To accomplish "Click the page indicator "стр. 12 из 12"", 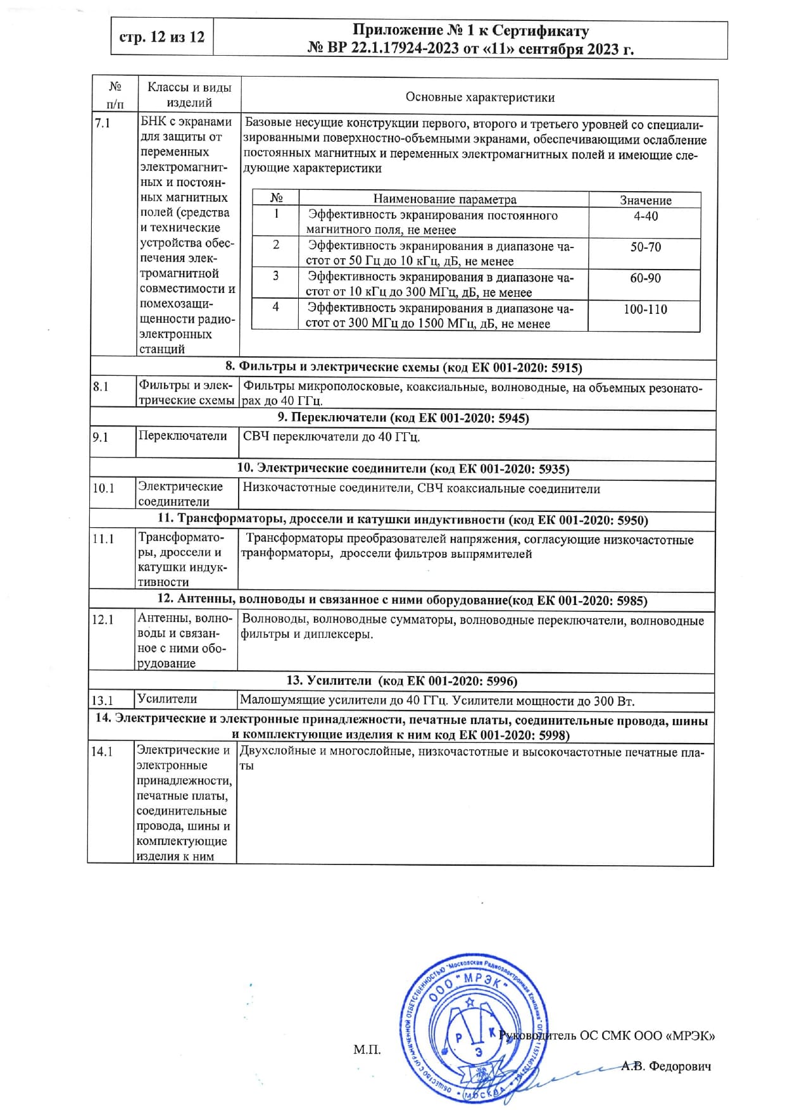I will (162, 37).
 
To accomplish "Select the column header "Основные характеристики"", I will (480, 97).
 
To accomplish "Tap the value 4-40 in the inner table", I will (645, 216).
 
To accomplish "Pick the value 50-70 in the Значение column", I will (645, 247).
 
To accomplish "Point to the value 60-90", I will (645, 278).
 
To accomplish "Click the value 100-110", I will (645, 309).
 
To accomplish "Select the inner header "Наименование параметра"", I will (444, 199).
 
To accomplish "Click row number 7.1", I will (102, 123).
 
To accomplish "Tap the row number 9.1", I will (101, 437).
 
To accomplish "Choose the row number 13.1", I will (102, 701).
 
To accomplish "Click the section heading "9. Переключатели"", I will (403, 418).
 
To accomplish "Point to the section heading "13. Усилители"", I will (402, 681).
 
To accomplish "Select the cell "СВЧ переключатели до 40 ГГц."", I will (332, 437).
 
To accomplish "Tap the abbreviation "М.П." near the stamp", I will (367, 1051).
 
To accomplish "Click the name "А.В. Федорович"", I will (666, 1066).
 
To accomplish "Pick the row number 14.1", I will (102, 752).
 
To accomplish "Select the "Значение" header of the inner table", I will (645, 200).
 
